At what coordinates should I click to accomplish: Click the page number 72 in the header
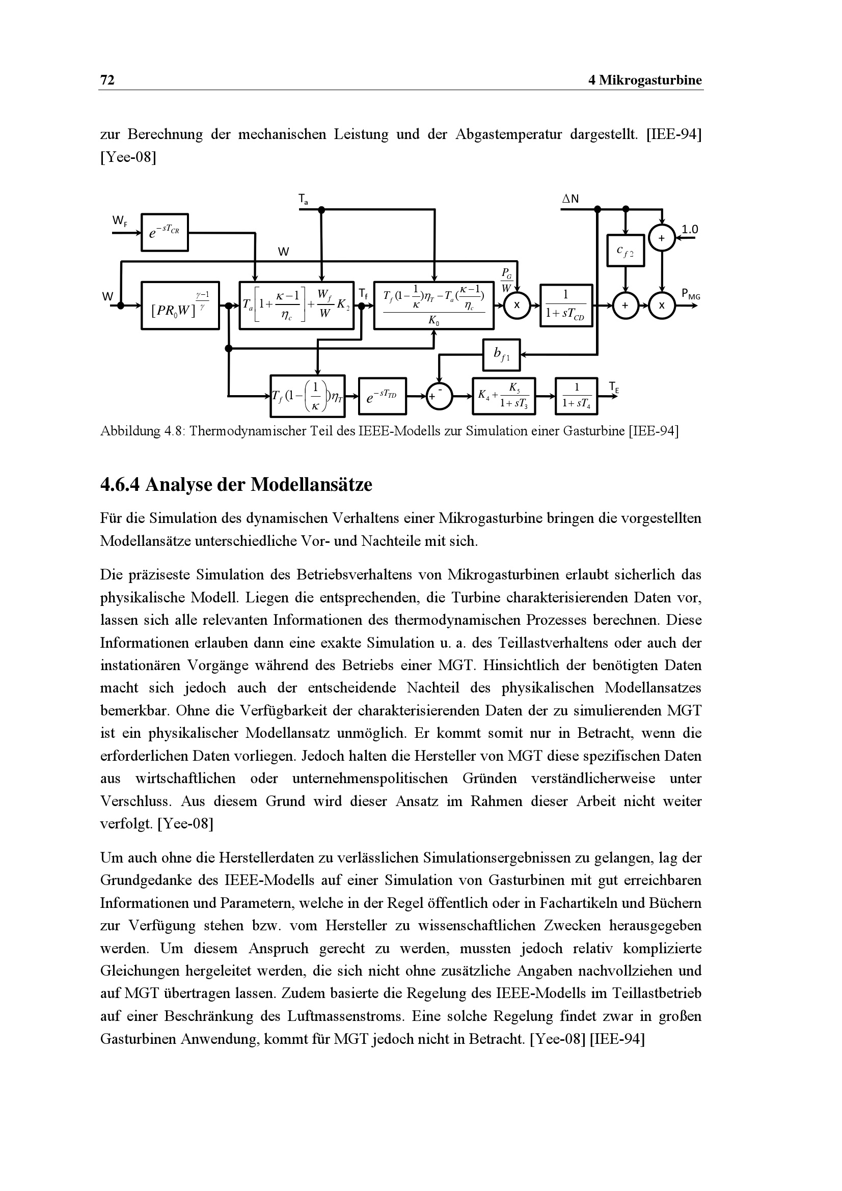click(x=107, y=80)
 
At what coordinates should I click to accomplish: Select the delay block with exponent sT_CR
click(x=165, y=232)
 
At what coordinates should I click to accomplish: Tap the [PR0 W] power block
click(x=180, y=306)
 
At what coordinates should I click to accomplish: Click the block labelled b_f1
click(x=501, y=355)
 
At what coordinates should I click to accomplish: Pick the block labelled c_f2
click(x=626, y=251)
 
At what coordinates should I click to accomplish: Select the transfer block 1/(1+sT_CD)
click(x=565, y=306)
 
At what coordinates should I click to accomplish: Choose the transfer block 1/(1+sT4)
click(x=576, y=396)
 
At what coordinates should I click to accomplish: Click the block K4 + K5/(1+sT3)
click(x=503, y=396)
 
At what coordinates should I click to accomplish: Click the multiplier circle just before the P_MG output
click(x=662, y=306)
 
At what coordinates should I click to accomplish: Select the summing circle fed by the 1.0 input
click(x=662, y=238)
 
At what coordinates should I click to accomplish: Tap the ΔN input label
click(x=571, y=199)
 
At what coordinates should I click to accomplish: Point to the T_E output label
click(x=614, y=387)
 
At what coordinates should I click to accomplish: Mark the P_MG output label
click(x=691, y=295)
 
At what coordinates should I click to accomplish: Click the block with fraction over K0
click(x=433, y=306)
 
